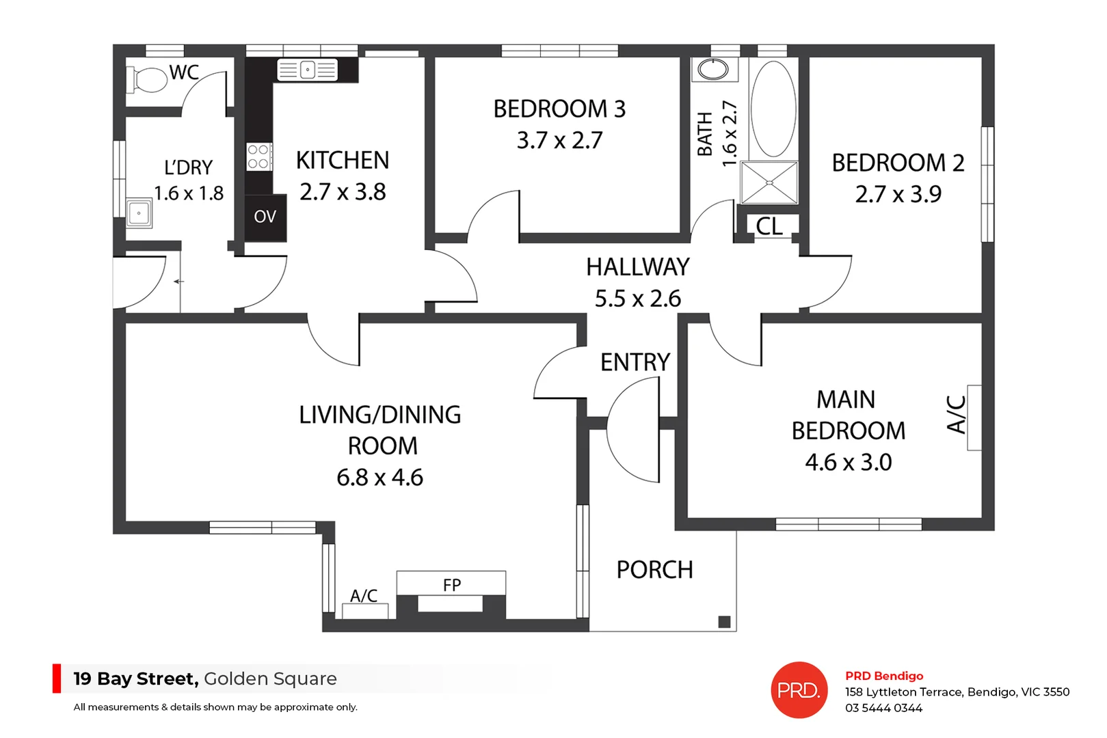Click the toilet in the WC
(x=148, y=80)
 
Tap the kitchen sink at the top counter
(x=308, y=70)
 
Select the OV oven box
(x=265, y=217)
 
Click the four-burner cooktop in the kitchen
(x=258, y=156)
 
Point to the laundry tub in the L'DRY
(x=139, y=213)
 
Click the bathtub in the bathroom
(x=773, y=109)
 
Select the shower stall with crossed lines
(x=769, y=182)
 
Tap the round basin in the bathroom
(x=714, y=69)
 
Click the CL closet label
(x=769, y=226)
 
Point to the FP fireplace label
(x=452, y=585)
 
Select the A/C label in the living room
(x=364, y=596)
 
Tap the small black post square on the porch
(x=725, y=621)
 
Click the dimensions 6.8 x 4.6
(x=379, y=477)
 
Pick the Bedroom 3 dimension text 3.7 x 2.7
(x=559, y=140)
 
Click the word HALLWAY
(x=637, y=267)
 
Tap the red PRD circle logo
(x=799, y=690)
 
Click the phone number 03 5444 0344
(x=883, y=708)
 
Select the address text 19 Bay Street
(x=135, y=679)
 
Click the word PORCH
(x=654, y=570)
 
